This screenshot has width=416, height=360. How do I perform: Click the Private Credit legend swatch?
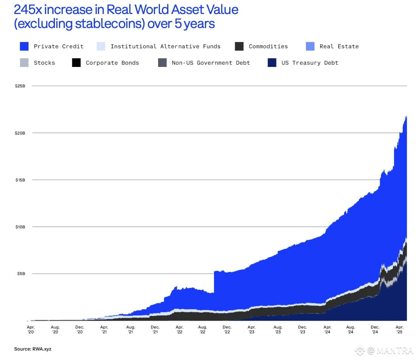coord(24,47)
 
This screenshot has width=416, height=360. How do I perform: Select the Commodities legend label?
coord(268,47)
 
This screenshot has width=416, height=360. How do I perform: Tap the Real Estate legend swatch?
coord(310,47)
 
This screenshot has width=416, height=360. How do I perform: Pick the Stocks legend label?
coord(44,63)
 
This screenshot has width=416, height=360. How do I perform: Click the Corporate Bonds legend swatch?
coord(76,63)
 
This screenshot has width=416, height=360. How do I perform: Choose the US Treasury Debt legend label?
coord(310,63)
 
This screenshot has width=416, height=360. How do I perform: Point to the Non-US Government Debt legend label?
coord(211,63)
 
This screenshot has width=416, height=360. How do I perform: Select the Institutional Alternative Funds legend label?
coord(165,47)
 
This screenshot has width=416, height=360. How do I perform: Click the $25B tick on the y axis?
coord(20,86)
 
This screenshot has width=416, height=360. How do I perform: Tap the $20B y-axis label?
coord(20,133)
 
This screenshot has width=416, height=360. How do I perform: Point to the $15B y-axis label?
coord(20,180)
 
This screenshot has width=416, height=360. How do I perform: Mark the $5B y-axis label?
coord(21,274)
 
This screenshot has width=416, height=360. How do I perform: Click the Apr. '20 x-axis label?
coord(31,329)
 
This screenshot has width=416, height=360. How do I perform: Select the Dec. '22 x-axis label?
coord(227,329)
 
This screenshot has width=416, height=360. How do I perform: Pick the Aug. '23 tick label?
coord(278,329)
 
